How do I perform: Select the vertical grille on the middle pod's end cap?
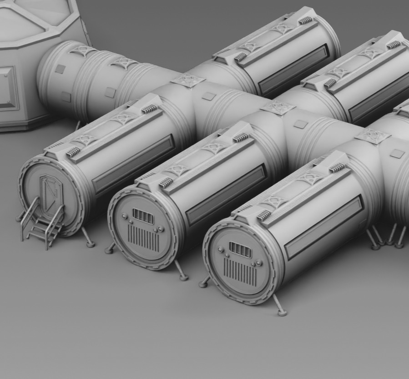pos(143,238)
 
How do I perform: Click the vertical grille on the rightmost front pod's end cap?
pos(239,272)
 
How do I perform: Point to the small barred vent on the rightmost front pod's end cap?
pos(240,250)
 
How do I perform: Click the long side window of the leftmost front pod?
pos(133,164)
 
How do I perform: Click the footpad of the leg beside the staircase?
pos(91,244)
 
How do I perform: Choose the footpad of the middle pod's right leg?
pos(184,277)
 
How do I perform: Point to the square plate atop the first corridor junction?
pos(187,80)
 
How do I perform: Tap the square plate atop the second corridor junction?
pos(278,108)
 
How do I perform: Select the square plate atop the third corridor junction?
pos(373,136)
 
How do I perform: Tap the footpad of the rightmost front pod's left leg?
pos(203,284)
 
